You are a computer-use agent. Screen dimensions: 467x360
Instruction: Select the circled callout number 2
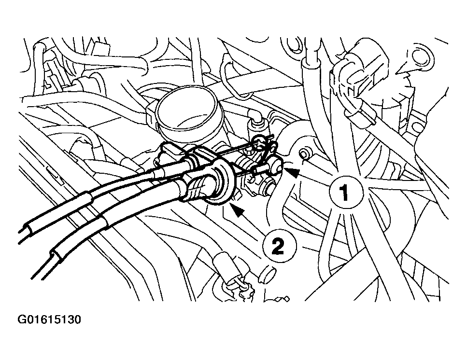tap(279, 246)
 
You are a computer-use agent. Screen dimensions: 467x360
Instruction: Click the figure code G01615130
tap(49, 319)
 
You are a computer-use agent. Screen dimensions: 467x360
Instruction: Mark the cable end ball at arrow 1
tap(277, 165)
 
